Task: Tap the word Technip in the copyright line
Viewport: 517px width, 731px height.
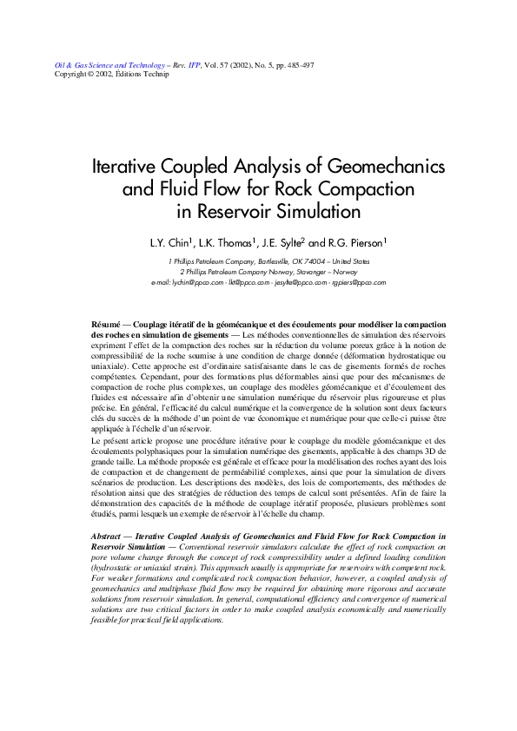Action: click(156, 74)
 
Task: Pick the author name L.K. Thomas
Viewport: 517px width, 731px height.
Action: click(229, 244)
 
